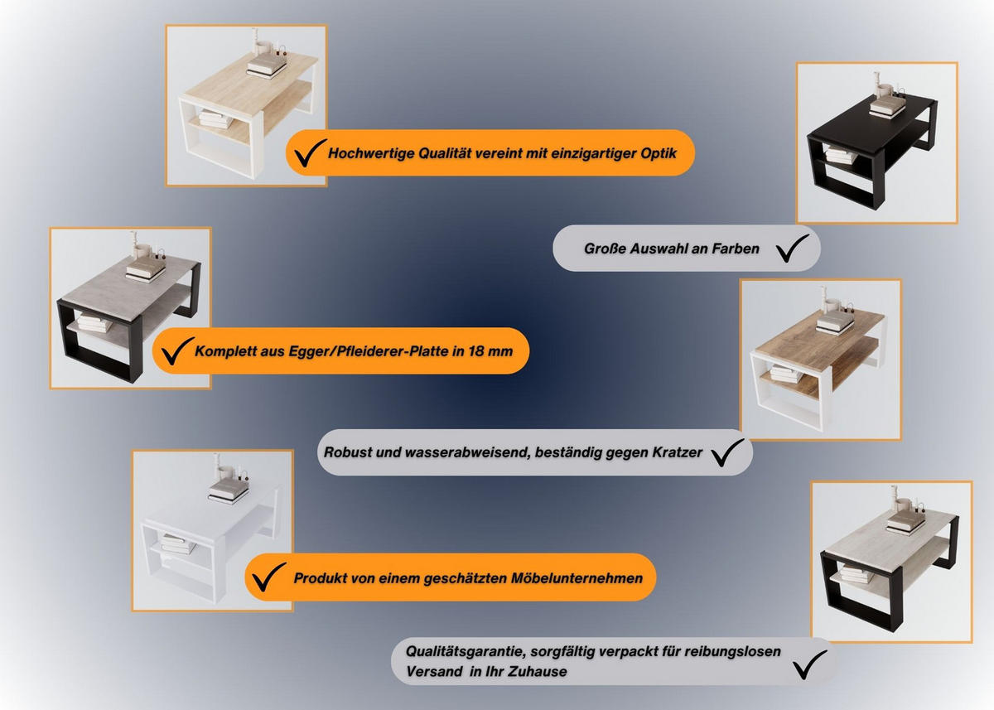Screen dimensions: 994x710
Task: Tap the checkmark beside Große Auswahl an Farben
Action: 793,248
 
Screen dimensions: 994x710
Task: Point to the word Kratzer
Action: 678,452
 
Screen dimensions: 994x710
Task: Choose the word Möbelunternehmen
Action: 577,578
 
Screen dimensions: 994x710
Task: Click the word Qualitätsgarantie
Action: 466,652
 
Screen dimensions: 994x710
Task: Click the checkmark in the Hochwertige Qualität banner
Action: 310,152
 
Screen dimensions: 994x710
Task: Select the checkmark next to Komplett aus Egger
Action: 177,350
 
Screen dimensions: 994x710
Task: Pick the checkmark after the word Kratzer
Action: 727,452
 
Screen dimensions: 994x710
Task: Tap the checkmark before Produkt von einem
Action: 269,577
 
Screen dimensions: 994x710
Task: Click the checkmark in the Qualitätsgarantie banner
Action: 809,664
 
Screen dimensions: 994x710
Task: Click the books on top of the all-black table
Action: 886,108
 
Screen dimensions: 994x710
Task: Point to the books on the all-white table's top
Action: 229,490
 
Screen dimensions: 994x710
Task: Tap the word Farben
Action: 736,249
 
